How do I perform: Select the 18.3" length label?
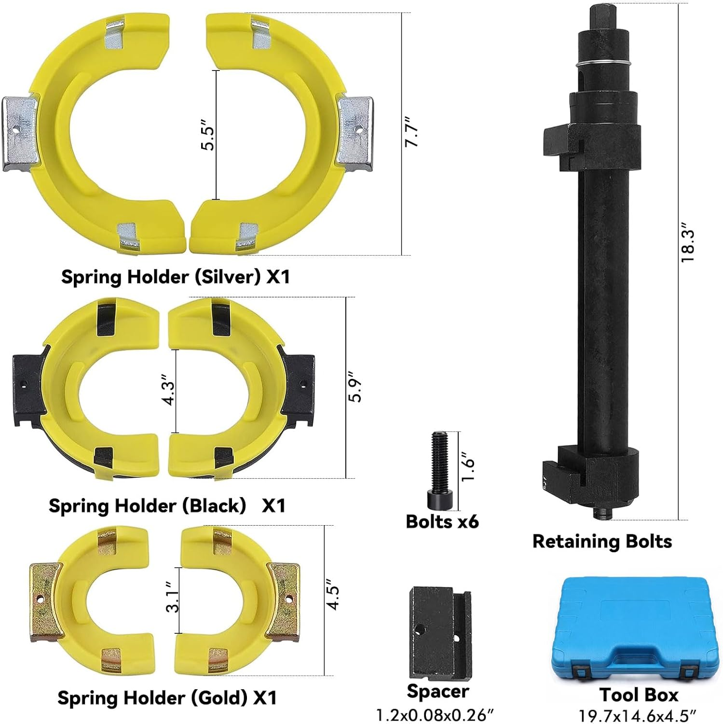[x=687, y=246]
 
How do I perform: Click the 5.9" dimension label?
[x=355, y=387]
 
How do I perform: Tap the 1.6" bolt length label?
[x=468, y=467]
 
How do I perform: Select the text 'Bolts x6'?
[x=442, y=521]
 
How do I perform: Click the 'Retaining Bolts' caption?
[x=601, y=541]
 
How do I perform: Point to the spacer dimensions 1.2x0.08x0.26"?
[x=435, y=714]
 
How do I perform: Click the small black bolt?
[x=439, y=470]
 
